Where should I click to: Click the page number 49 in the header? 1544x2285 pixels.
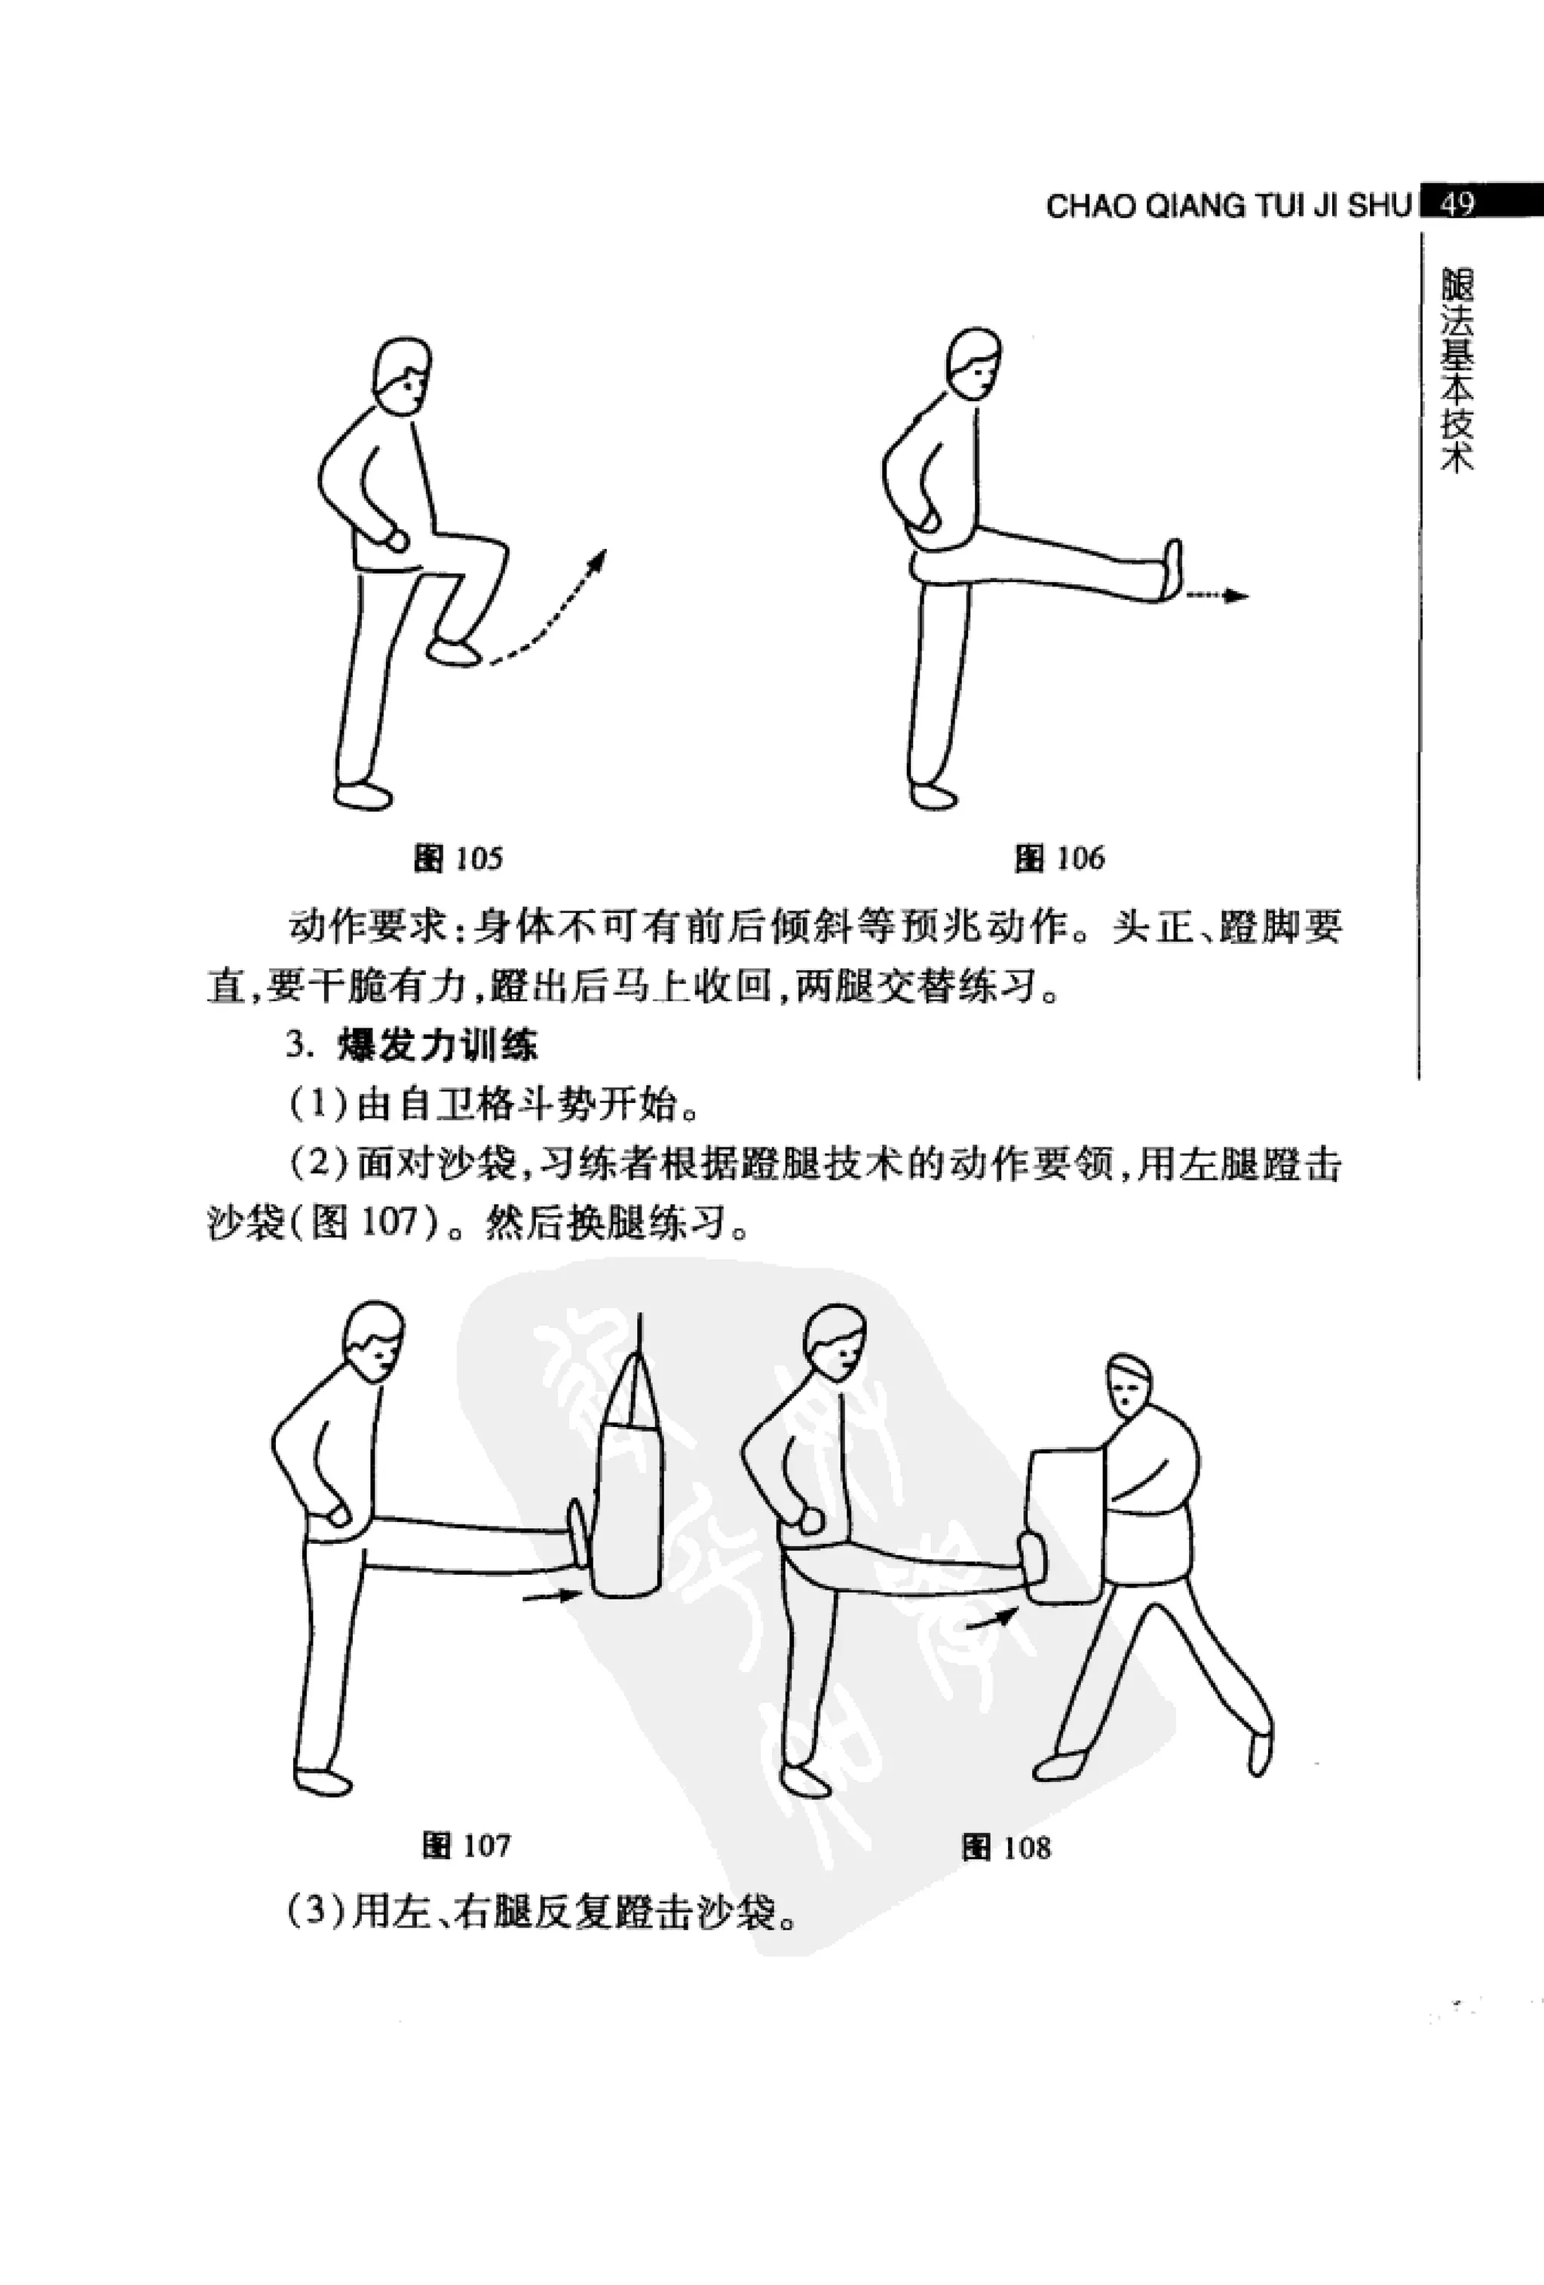point(1457,204)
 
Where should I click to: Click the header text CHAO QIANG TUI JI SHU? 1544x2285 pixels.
point(1228,207)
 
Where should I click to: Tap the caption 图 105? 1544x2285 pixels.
point(458,859)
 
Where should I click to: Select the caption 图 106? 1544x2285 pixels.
point(1059,859)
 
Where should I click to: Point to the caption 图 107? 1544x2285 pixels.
point(466,1845)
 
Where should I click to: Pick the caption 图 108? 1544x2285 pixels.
point(1006,1848)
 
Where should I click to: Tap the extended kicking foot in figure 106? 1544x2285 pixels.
point(1172,569)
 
